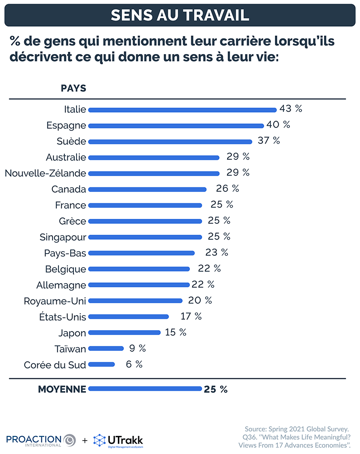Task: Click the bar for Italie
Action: (182, 109)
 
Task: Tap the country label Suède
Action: (71, 141)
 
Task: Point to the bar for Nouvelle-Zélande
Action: (154, 173)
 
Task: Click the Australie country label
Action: (66, 157)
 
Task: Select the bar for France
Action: (145, 205)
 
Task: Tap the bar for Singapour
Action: (145, 237)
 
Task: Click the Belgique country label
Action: (65, 269)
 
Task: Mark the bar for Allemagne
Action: (139, 285)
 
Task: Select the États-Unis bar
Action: (128, 317)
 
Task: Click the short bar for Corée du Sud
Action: (102, 365)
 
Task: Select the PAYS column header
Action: (73, 88)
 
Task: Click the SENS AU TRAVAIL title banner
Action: (180, 14)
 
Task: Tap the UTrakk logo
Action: (118, 440)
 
